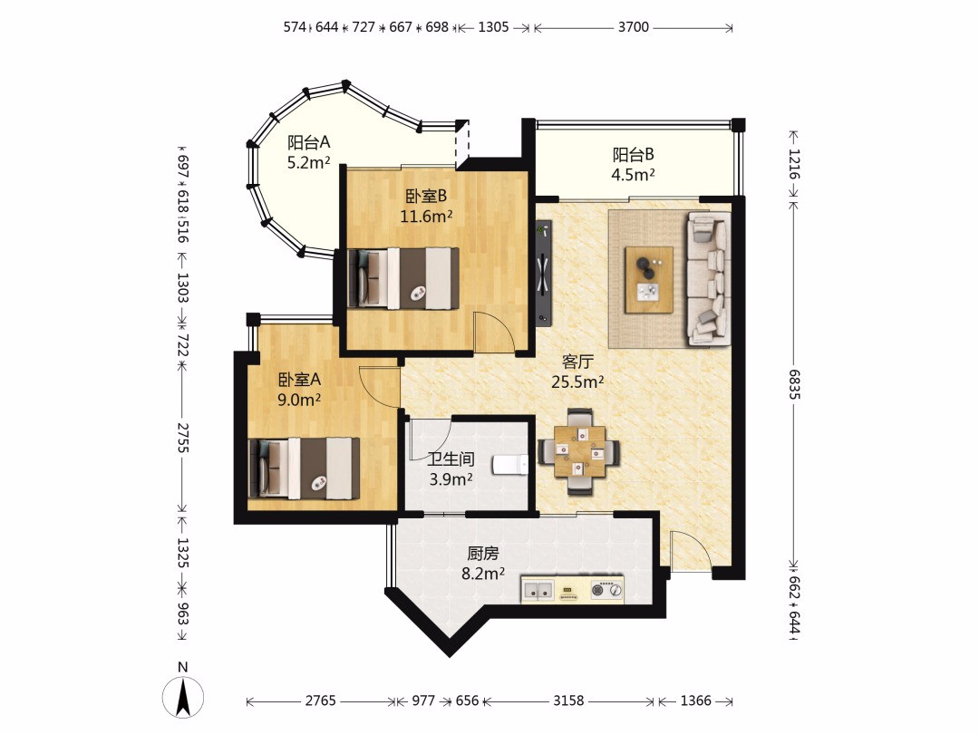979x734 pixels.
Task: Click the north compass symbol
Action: [183, 696]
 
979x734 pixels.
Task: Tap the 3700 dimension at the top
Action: [633, 27]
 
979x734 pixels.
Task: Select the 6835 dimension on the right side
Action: [793, 384]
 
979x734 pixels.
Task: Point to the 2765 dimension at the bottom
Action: [320, 700]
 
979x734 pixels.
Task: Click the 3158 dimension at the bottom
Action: [568, 700]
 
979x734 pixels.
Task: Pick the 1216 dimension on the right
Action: [793, 164]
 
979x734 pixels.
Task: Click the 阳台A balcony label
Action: [308, 142]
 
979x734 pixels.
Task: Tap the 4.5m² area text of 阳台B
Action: [633, 174]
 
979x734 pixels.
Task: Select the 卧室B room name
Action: [426, 196]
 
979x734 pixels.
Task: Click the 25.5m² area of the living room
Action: [577, 381]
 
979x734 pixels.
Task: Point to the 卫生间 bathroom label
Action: [451, 459]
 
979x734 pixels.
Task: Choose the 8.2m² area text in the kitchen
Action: [482, 573]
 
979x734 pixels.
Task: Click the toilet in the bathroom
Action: [510, 465]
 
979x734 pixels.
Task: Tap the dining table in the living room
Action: [580, 451]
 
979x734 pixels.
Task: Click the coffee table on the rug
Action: [649, 280]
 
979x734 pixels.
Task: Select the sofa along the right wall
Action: [709, 278]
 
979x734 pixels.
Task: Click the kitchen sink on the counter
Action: [538, 590]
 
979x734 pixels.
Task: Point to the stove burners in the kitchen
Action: [606, 589]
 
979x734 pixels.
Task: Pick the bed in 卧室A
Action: [304, 468]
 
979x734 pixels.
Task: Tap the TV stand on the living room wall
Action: [543, 273]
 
